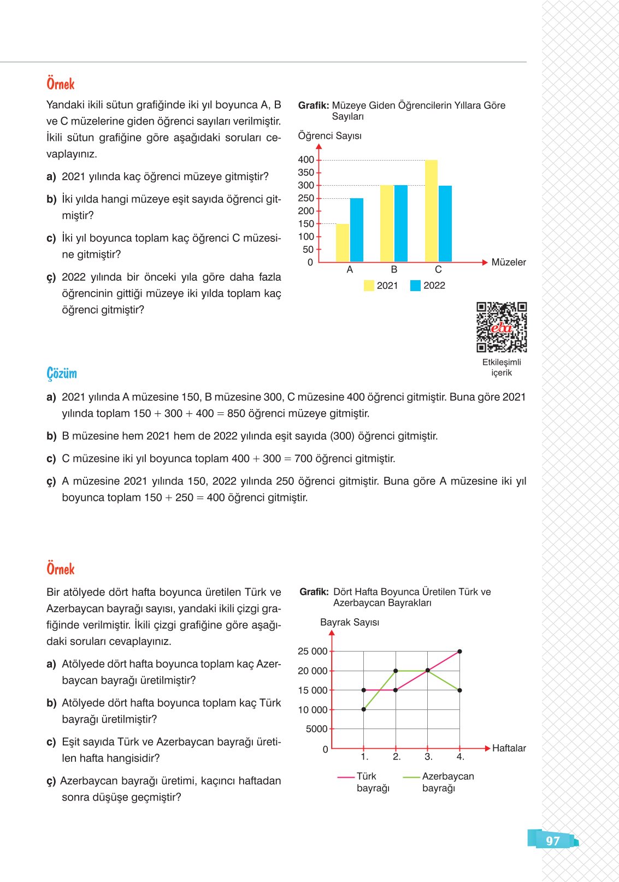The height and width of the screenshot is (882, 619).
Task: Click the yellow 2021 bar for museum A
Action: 343,243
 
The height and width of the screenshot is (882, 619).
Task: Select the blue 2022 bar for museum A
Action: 357,230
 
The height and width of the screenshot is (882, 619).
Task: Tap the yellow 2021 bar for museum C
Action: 431,211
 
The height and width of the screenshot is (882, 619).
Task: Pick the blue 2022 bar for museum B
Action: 400,223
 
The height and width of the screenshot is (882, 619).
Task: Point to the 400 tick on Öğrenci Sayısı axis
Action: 306,159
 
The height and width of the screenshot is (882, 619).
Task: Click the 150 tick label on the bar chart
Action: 306,224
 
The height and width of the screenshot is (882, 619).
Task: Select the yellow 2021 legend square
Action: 369,286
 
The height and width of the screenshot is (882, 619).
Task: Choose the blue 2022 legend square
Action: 415,286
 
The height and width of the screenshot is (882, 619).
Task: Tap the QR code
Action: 502,327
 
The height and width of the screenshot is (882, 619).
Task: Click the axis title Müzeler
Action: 509,262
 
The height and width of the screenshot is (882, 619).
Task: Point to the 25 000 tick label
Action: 313,651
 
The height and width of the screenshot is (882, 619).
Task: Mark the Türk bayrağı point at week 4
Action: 460,652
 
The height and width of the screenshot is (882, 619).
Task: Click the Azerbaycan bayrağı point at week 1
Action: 364,709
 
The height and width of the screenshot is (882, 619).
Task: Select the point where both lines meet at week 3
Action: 428,671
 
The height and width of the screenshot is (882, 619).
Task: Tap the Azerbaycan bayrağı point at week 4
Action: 460,690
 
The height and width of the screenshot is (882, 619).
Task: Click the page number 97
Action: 553,841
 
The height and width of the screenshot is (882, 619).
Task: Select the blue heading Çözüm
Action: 62,374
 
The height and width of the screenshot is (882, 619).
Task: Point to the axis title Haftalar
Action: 509,748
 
